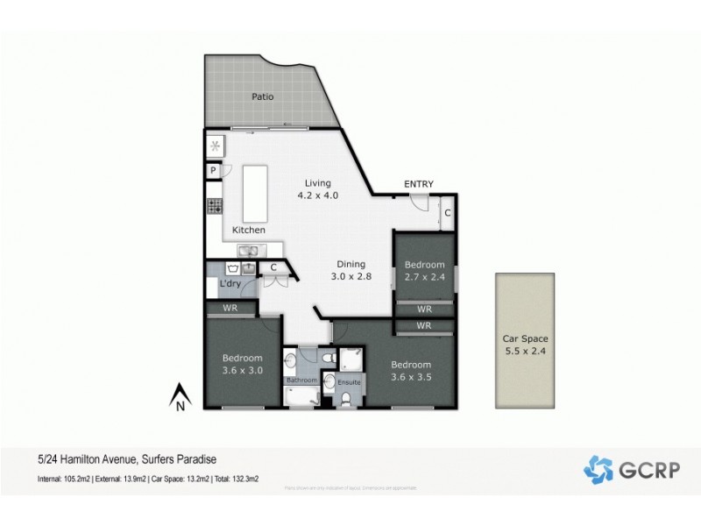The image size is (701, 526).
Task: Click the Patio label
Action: coord(262,97)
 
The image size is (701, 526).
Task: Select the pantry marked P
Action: coord(213,171)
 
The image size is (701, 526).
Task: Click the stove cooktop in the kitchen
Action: coord(214,207)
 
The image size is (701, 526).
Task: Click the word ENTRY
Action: coord(418,184)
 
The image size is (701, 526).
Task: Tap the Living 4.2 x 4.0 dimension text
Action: coord(317,189)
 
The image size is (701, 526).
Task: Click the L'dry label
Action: coord(230,284)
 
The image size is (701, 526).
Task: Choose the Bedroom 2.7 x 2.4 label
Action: coord(424,270)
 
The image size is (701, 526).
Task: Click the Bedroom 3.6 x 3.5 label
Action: coord(411,371)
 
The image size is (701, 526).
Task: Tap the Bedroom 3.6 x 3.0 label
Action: coord(242,364)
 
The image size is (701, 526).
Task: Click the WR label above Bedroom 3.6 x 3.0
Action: coord(231,309)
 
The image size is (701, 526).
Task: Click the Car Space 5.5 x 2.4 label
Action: coord(524,345)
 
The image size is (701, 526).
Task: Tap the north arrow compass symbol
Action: coord(179,396)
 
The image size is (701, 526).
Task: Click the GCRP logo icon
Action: coord(598,469)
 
